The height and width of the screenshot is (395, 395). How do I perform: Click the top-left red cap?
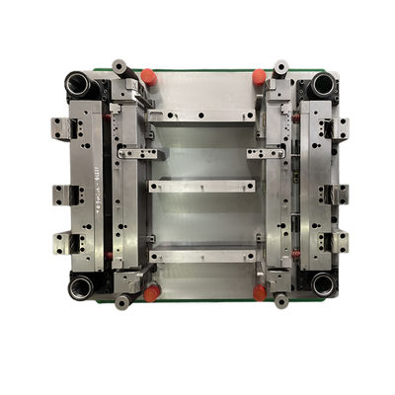pyautogui.click(x=148, y=76)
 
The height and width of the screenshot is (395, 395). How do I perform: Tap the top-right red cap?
pyautogui.click(x=259, y=76)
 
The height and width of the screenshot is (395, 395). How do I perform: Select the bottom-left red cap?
pyautogui.click(x=151, y=293)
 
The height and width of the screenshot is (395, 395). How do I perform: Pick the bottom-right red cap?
pyautogui.click(x=259, y=292)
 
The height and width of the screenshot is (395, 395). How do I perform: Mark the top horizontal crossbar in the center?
pyautogui.click(x=202, y=116)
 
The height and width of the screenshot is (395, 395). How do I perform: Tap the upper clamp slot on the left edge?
pyautogui.click(x=61, y=128)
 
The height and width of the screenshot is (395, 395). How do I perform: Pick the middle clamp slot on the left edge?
pyautogui.click(x=61, y=195)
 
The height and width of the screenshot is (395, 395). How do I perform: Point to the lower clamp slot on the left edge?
pyautogui.click(x=61, y=240)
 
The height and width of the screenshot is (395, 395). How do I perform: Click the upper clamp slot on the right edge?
pyautogui.click(x=340, y=128)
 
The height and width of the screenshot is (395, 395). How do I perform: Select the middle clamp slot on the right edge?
pyautogui.click(x=340, y=195)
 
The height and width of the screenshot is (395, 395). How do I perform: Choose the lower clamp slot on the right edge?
pyautogui.click(x=340, y=240)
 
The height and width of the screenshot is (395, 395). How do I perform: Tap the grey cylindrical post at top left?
pyautogui.click(x=120, y=68)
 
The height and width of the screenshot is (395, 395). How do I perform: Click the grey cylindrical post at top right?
pyautogui.click(x=280, y=69)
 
